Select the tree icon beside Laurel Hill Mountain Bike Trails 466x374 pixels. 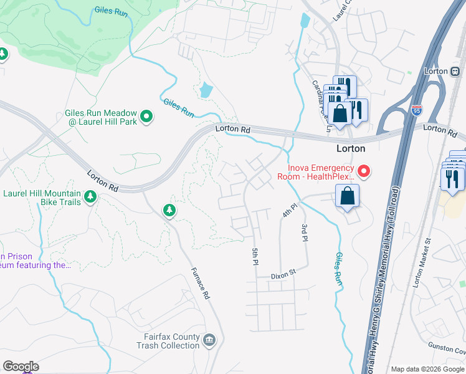pyautogui.click(x=90, y=197)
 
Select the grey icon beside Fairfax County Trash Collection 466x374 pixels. pyautogui.click(x=209, y=340)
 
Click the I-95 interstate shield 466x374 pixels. pyautogui.click(x=417, y=112)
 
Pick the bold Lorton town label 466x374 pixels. pyautogui.click(x=351, y=149)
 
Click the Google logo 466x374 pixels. pyautogui.click(x=21, y=367)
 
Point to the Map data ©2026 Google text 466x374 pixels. pyautogui.click(x=427, y=369)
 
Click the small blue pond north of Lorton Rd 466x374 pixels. pyautogui.click(x=205, y=90)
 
